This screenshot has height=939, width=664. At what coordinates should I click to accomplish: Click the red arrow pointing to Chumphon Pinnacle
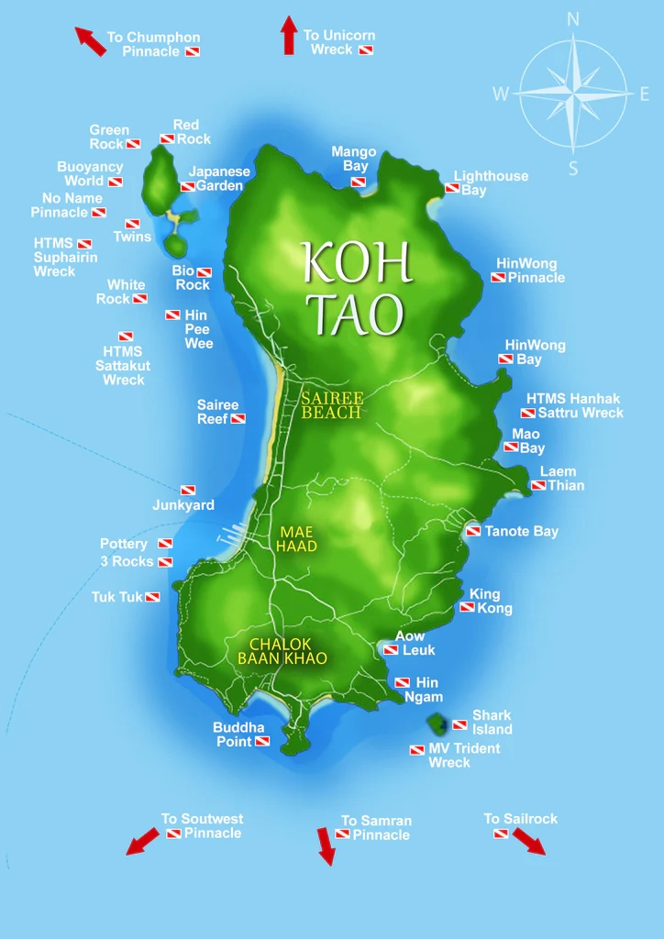tap(91, 41)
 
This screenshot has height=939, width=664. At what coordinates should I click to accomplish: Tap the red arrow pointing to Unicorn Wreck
tap(289, 35)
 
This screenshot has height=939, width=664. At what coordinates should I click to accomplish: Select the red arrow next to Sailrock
tap(528, 841)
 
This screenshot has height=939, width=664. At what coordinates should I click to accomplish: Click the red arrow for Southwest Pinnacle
tap(142, 840)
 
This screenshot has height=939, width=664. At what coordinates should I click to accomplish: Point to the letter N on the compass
tap(573, 18)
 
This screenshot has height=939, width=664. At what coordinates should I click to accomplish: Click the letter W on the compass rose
tap(501, 93)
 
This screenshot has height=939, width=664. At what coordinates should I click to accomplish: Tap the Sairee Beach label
tap(333, 405)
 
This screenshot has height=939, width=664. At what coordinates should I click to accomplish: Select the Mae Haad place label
tap(298, 538)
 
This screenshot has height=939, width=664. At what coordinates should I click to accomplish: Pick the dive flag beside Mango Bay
tap(358, 182)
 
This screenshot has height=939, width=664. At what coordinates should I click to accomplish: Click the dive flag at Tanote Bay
tap(473, 531)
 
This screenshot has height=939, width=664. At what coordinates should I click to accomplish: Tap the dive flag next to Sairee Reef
tap(238, 419)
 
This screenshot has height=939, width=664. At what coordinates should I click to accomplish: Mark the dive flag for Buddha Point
tap(262, 741)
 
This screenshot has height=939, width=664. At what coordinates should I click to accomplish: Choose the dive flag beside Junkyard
tap(187, 491)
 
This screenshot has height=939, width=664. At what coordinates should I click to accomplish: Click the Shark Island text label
tap(492, 722)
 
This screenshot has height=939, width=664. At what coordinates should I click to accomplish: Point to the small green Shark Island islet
tap(438, 724)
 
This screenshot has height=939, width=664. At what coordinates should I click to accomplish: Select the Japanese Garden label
tap(218, 178)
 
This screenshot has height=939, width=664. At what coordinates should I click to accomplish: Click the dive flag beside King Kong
tap(467, 608)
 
